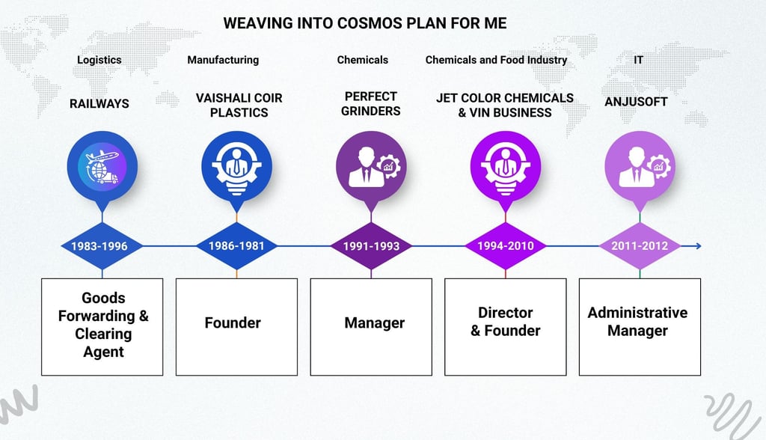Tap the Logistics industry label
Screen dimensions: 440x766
coord(99,60)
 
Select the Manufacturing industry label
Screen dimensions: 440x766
coord(223,60)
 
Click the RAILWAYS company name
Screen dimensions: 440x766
coord(99,104)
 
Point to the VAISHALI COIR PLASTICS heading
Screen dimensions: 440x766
coord(239,106)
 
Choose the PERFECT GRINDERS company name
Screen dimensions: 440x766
coord(371,104)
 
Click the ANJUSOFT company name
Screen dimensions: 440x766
coord(636,102)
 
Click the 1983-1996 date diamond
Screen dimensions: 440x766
coord(99,245)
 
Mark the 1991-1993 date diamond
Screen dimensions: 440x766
coord(371,245)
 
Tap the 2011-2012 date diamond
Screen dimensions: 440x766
coord(639,245)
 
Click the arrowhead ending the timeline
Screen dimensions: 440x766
coord(697,245)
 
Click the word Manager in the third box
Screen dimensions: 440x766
coord(374,323)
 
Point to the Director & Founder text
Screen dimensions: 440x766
coord(506,322)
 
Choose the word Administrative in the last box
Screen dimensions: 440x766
coord(637,313)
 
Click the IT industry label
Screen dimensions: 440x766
coord(638,60)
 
